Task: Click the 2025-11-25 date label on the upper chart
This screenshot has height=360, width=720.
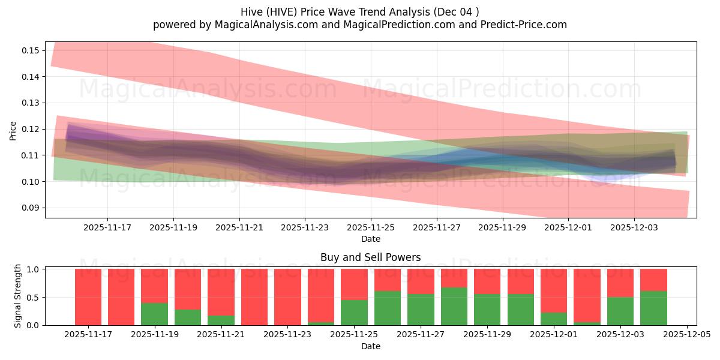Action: (371, 228)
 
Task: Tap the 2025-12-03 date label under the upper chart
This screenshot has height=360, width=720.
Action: (634, 228)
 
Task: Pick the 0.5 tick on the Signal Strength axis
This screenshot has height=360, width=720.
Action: (34, 297)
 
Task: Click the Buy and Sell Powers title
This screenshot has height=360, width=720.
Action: (370, 257)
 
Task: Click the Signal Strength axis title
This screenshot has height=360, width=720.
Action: (18, 296)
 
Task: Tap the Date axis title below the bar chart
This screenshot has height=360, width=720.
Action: (370, 346)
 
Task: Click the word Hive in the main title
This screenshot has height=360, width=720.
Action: (253, 11)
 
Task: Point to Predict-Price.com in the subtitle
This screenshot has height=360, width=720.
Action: (527, 25)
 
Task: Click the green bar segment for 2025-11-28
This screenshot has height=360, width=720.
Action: (454, 307)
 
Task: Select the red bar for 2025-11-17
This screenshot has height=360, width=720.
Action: (88, 297)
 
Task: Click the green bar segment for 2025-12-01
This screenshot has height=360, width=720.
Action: (554, 319)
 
